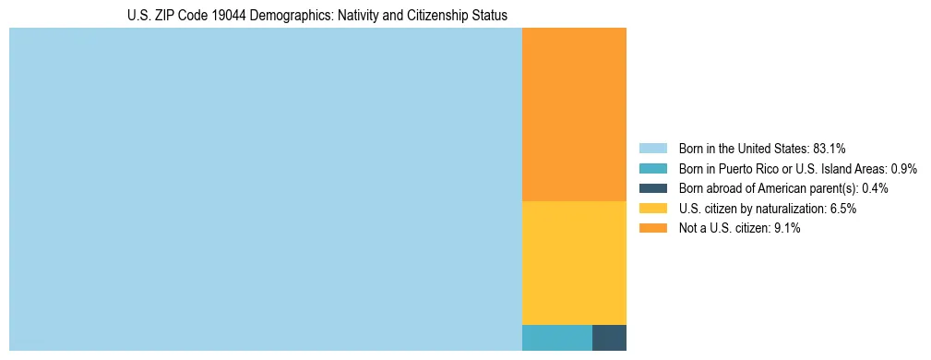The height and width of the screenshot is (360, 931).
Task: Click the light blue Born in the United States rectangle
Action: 266,189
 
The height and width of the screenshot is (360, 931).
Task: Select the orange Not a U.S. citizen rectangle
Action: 574,114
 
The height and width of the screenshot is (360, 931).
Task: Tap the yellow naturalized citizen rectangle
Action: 574,263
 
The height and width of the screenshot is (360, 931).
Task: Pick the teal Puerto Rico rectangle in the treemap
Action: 557,338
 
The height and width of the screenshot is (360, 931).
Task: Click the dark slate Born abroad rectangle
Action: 609,338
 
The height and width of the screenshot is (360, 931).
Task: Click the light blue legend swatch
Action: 652,148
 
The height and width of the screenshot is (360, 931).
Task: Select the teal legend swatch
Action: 652,168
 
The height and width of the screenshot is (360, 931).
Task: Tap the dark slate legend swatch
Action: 652,188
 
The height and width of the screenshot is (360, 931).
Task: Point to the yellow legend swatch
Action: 652,209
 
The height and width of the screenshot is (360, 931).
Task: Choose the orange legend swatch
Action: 652,229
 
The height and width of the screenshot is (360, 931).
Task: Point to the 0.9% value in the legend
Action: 903,168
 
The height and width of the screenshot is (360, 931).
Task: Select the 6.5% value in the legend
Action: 843,209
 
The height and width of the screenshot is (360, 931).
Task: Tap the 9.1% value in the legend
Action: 787,229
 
